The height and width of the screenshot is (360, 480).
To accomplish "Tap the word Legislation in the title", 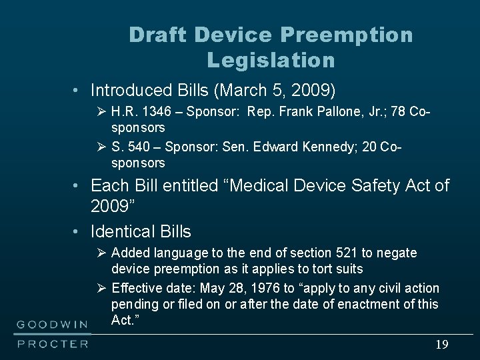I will (x=271, y=61).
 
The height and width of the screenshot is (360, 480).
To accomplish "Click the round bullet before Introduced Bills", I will (x=77, y=89).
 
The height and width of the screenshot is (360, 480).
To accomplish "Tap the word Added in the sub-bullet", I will (x=131, y=253).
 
